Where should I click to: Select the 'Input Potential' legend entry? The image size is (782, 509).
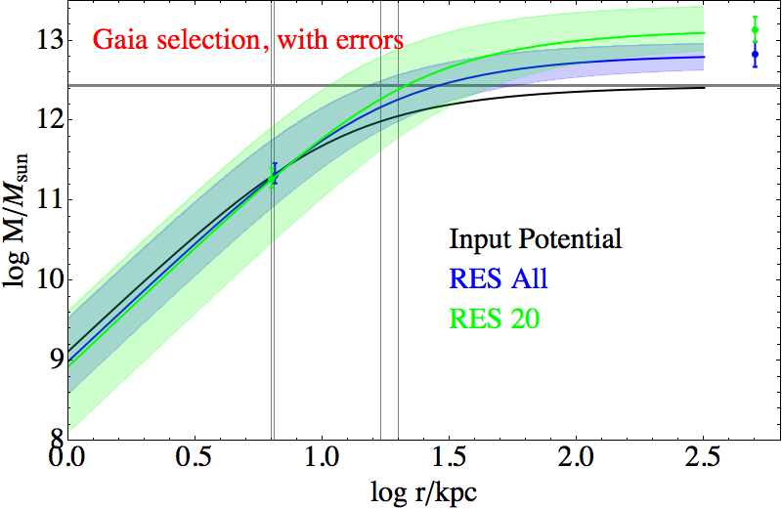click(536, 239)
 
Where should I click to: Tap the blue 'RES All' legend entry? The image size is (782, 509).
click(499, 279)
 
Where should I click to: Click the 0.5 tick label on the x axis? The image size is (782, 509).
click(195, 457)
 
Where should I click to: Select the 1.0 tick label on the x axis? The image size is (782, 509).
click(322, 457)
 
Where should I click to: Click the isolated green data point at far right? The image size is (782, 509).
click(755, 29)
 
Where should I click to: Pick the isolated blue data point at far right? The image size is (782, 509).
click(755, 55)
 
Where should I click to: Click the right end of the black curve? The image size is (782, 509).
click(704, 88)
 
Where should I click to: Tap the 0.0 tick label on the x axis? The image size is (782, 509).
click(67, 457)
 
